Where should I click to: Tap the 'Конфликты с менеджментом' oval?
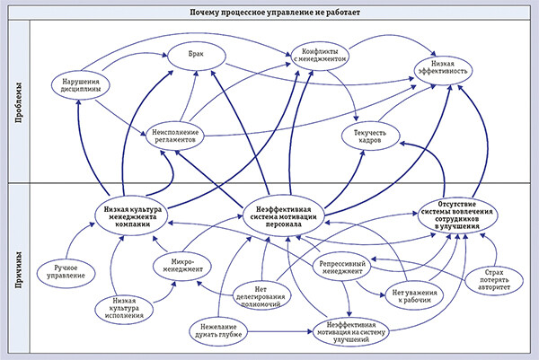click(x=320, y=57)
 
